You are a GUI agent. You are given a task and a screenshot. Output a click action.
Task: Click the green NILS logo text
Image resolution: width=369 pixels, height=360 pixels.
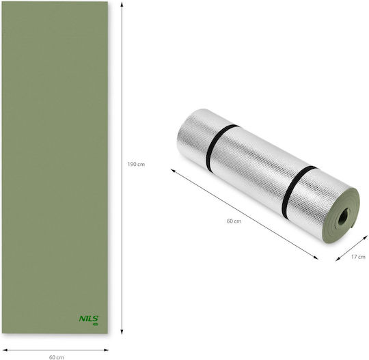pyautogui.click(x=88, y=319)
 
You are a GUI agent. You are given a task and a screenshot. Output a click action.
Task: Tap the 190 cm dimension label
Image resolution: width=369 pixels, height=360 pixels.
pyautogui.click(x=136, y=164)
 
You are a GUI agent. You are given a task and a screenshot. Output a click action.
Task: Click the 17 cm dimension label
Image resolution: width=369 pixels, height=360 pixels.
pyautogui.click(x=358, y=257)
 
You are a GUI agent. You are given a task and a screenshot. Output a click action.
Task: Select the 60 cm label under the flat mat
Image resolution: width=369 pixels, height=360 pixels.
pyautogui.click(x=56, y=357)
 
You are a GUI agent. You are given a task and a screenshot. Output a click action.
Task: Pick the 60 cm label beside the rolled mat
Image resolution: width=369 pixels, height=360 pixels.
pyautogui.click(x=234, y=221)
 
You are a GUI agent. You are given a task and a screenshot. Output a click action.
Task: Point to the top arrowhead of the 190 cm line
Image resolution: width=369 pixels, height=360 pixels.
pyautogui.click(x=122, y=5)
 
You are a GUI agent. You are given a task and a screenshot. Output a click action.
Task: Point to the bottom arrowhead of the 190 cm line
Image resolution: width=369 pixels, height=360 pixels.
pyautogui.click(x=122, y=331)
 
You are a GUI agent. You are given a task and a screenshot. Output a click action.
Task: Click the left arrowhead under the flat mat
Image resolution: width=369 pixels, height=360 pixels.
pyautogui.click(x=5, y=350)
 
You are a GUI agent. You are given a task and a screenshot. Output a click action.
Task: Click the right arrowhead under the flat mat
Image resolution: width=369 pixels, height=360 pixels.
pyautogui.click(x=106, y=350)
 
